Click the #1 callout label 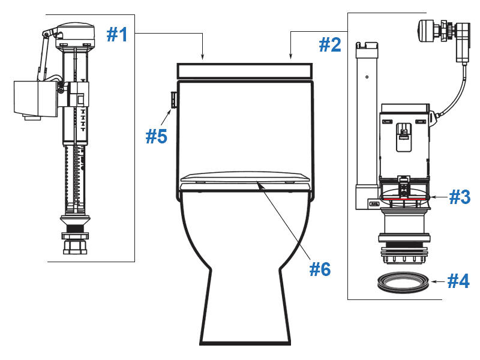click(x=118, y=35)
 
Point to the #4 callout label click(x=459, y=280)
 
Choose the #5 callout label click(x=157, y=136)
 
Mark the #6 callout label click(x=320, y=269)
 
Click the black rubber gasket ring click(x=403, y=281)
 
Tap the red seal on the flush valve click(x=406, y=196)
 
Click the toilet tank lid click(x=245, y=71)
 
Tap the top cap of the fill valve click(x=75, y=33)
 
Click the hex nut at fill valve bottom click(x=75, y=246)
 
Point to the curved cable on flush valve click(x=454, y=96)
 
